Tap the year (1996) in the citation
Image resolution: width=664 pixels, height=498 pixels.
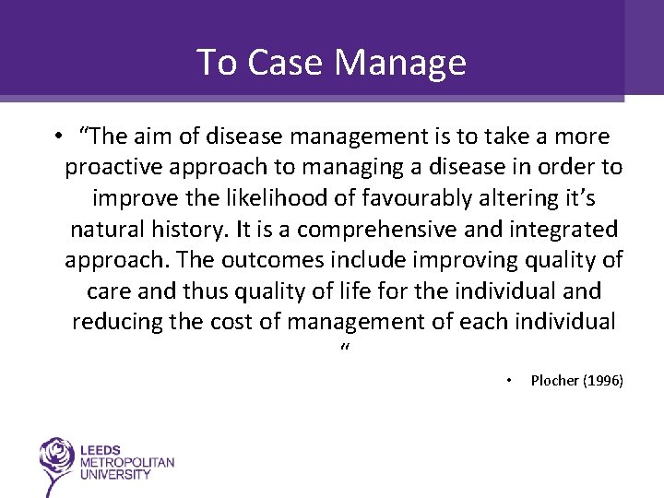click(603, 380)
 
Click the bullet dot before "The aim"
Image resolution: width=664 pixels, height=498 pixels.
click(57, 136)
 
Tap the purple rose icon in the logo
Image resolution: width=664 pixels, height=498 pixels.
click(56, 457)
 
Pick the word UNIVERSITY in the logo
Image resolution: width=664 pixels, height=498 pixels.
click(116, 474)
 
